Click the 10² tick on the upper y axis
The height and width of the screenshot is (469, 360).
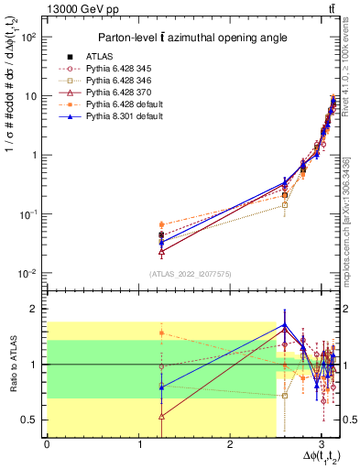pyautogui.click(x=29, y=37)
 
